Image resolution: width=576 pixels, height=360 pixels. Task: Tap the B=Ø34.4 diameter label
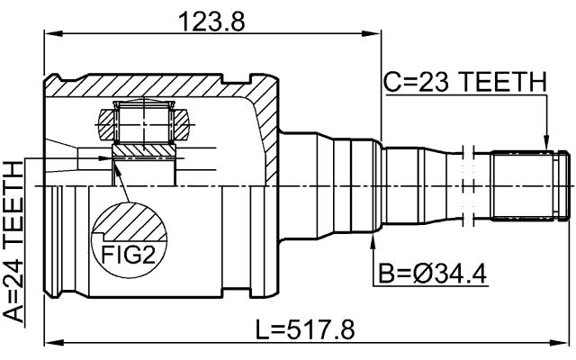(432, 273)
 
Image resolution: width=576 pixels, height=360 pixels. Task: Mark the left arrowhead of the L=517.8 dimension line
(49, 343)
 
